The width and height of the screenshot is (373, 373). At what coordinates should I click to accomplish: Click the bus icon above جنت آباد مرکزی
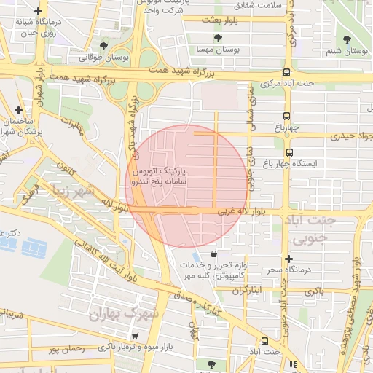(286, 73)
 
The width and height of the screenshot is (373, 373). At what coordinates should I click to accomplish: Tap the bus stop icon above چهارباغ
(286, 116)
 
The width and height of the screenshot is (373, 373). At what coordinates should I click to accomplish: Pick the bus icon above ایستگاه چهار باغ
(290, 153)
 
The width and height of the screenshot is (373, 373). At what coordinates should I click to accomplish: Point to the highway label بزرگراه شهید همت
(179, 73)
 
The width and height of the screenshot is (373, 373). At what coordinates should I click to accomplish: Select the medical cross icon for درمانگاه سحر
(289, 259)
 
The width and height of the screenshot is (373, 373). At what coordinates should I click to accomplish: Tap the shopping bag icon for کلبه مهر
(213, 254)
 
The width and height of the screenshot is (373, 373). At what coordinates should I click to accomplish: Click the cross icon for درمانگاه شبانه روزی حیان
(38, 12)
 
